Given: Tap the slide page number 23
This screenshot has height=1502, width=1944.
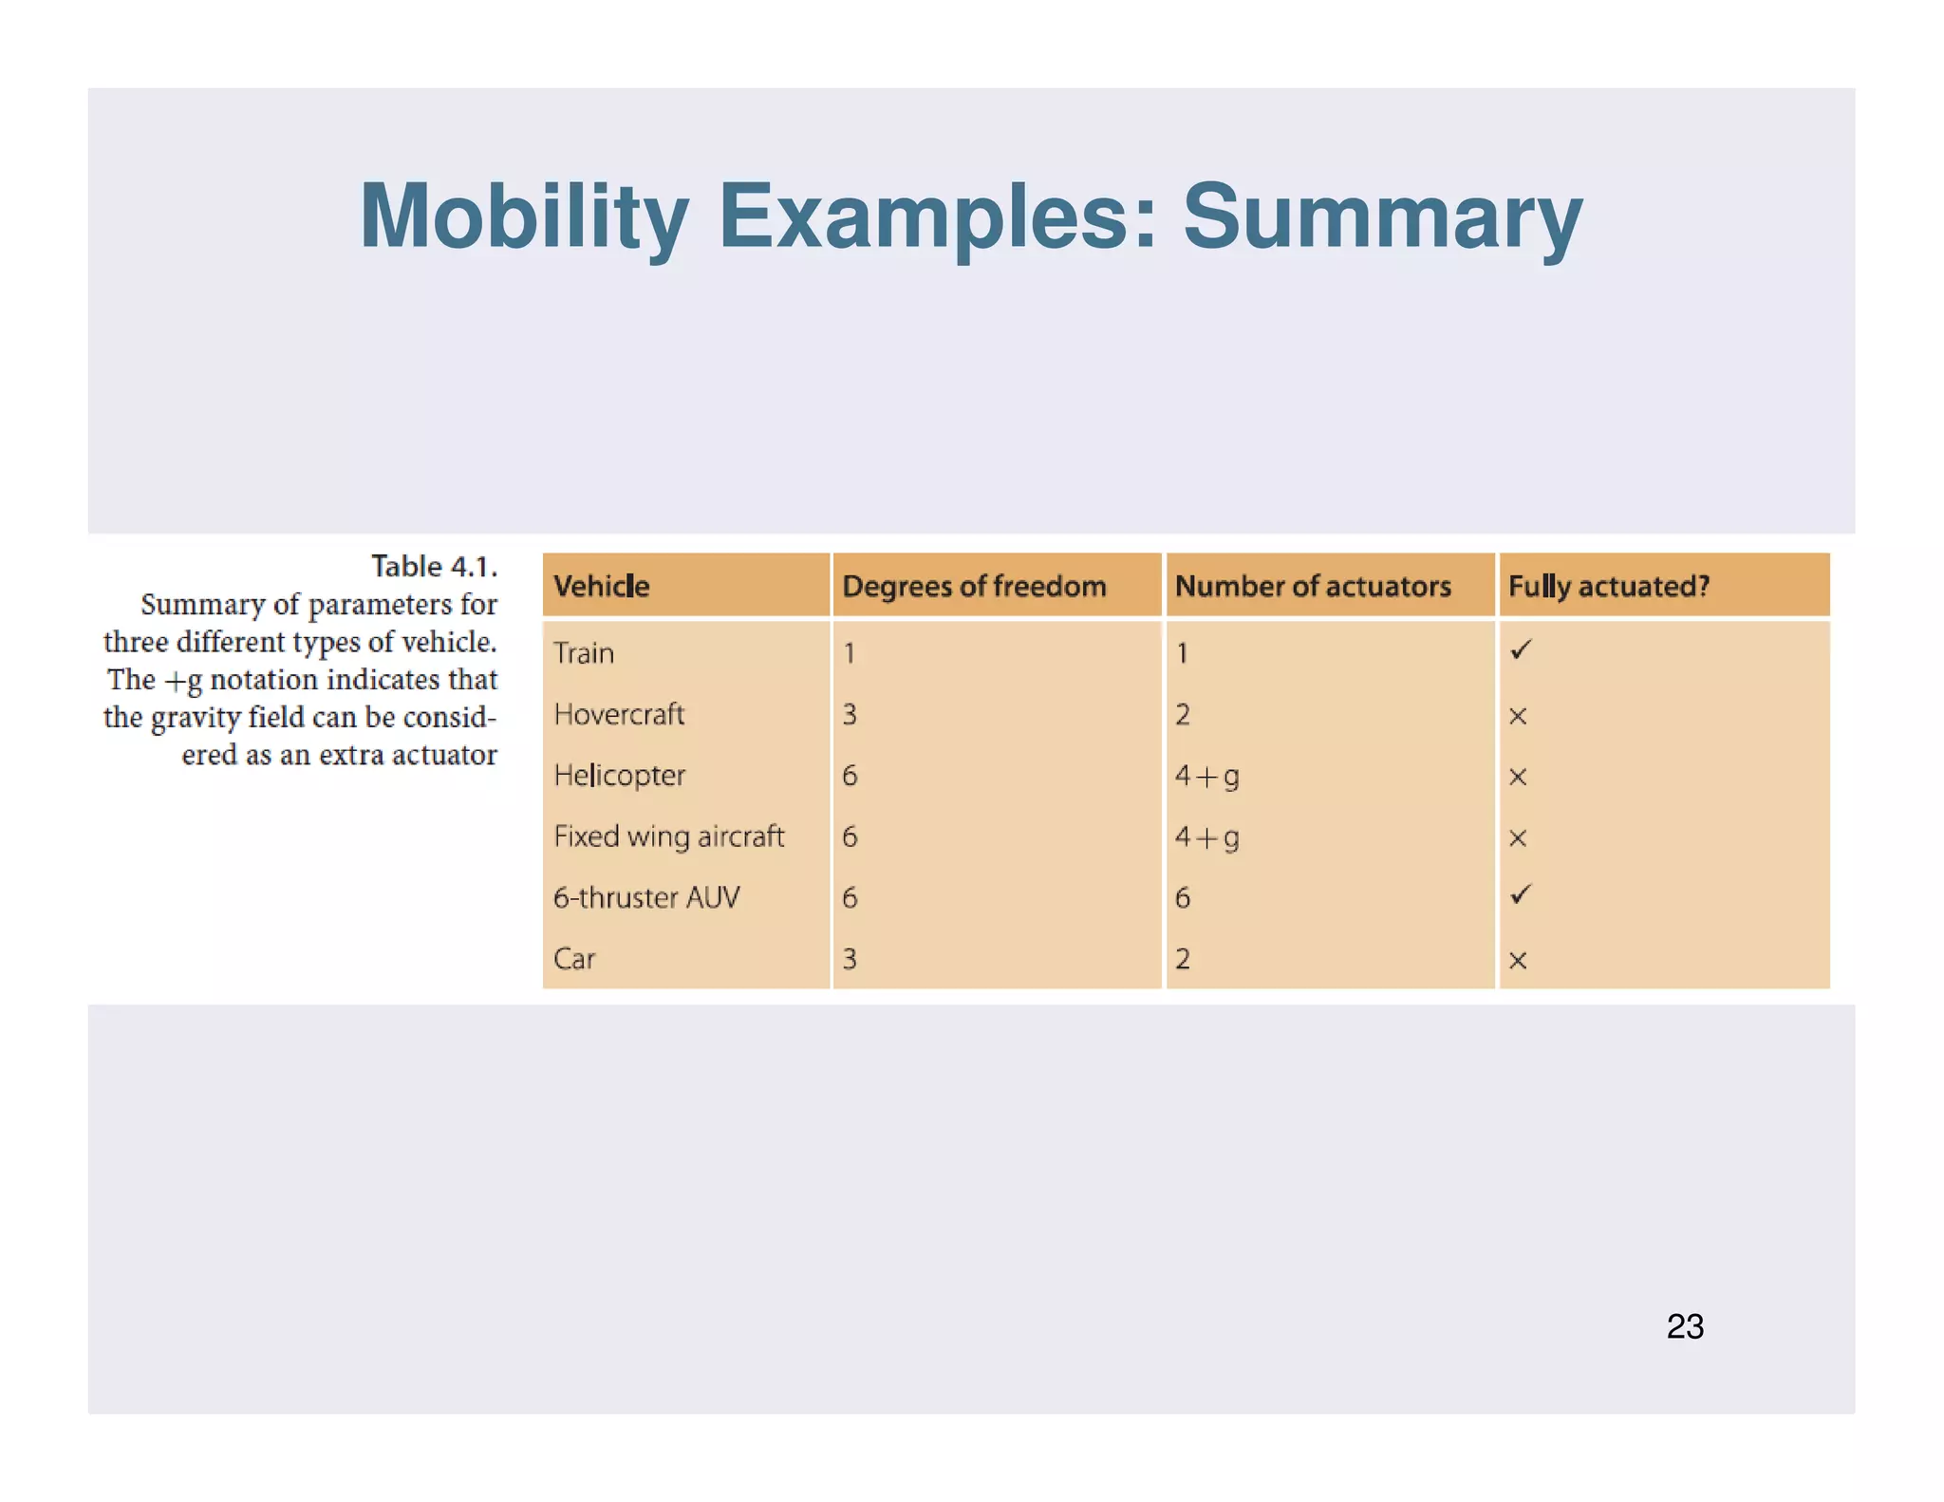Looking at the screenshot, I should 1685,1326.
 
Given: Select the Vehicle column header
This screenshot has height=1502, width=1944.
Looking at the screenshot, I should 602,586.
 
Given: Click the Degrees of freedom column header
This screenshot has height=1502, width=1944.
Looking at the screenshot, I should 974,586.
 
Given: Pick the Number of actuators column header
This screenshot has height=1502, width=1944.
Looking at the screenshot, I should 1313,586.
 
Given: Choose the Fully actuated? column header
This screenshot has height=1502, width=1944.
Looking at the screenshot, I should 1609,586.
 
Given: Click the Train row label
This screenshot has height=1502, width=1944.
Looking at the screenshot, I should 584,653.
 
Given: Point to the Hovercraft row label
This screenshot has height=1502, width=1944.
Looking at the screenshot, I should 619,714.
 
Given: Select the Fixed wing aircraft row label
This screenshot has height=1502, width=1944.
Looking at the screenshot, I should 669,836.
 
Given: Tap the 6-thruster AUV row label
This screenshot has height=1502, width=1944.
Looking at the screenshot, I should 646,897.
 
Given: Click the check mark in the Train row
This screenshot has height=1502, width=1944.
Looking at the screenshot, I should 1521,650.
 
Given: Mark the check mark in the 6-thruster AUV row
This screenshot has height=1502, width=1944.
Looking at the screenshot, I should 1521,894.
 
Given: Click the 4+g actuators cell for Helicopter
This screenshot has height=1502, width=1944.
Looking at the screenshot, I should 1206,777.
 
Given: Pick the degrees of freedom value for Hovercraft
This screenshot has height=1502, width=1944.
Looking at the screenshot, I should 850,714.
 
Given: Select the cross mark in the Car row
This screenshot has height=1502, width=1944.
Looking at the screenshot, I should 1518,960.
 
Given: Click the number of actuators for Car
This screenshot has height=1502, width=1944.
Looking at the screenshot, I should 1183,959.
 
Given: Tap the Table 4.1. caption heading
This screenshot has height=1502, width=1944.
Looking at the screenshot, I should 434,567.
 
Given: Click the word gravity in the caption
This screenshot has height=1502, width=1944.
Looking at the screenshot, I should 196,719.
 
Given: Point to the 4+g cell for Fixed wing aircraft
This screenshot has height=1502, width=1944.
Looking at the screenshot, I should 1206,837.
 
